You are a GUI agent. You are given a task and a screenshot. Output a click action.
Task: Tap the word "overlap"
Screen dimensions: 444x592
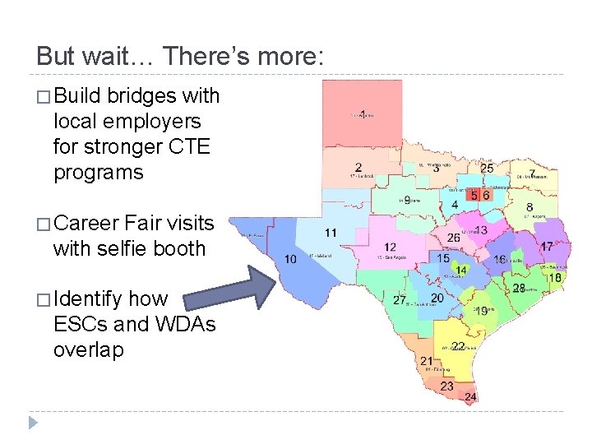click(x=88, y=349)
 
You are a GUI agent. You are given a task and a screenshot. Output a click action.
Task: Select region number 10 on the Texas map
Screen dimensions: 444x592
click(x=290, y=259)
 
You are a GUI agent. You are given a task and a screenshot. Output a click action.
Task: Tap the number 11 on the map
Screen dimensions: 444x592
click(x=330, y=233)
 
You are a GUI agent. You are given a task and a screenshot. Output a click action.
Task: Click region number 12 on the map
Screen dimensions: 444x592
click(x=390, y=247)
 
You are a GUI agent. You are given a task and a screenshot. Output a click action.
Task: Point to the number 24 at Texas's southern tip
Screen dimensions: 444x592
click(x=469, y=398)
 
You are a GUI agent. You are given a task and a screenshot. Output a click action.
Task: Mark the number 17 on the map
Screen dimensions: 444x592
click(x=546, y=247)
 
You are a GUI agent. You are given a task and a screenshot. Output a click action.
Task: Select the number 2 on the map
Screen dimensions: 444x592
click(x=358, y=168)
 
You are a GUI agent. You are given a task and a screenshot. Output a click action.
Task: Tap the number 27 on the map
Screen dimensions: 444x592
click(x=400, y=301)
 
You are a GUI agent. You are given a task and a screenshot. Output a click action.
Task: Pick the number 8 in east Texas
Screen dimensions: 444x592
click(x=530, y=207)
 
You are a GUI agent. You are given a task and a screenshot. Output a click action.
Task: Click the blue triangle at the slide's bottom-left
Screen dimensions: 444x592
click(x=33, y=423)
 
